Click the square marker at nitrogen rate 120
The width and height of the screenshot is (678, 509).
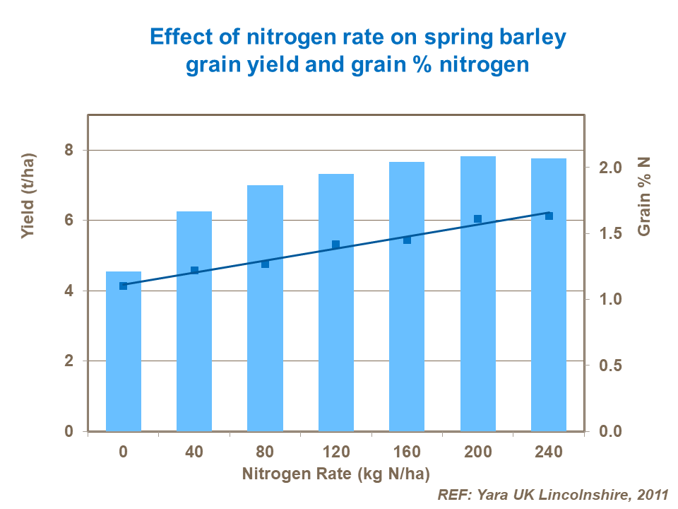pos(335,245)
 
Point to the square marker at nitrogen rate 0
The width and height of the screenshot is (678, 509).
pos(124,286)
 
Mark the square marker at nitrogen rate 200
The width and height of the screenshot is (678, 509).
pos(477,219)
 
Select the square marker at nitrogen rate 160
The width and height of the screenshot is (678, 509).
pos(407,240)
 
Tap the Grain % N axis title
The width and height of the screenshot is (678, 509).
pos(643,197)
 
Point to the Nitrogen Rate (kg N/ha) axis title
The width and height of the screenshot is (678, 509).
pos(335,473)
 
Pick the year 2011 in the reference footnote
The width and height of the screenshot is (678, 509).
pos(650,495)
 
